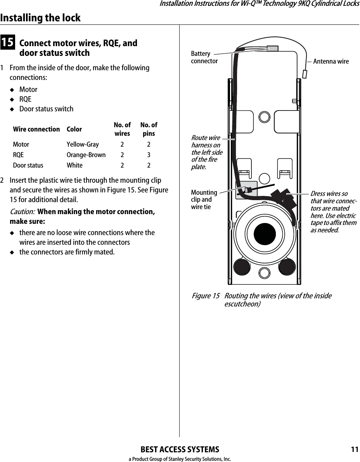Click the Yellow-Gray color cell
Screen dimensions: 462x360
(x=83, y=145)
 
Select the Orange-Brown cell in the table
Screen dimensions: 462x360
(x=86, y=155)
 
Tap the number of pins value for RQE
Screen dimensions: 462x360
(x=149, y=155)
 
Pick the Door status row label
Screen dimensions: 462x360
(x=28, y=166)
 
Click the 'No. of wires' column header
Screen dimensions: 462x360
(x=122, y=129)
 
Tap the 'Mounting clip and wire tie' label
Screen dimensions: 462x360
(x=204, y=199)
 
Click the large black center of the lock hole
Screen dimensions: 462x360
(x=265, y=234)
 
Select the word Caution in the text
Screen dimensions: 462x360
(x=22, y=212)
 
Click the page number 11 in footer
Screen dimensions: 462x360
(x=354, y=450)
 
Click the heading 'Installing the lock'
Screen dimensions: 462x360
(x=40, y=18)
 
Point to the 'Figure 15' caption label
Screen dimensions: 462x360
(x=205, y=296)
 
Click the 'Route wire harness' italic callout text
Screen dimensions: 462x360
(x=207, y=152)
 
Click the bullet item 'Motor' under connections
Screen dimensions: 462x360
(x=28, y=89)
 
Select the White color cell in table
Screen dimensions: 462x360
(x=74, y=166)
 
